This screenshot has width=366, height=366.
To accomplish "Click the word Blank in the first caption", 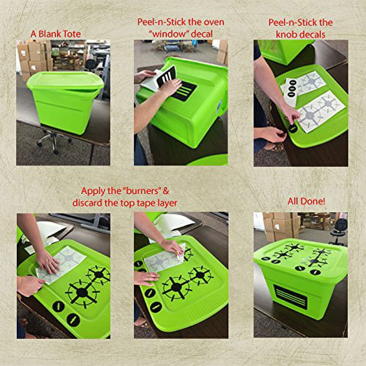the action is click(x=49, y=34).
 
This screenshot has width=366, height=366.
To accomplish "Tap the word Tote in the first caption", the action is click(x=71, y=34).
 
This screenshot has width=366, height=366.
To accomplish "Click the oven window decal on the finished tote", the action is click(x=291, y=296).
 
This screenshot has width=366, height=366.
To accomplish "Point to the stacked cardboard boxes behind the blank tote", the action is click(x=34, y=58).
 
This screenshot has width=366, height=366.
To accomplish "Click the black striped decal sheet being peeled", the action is click(x=166, y=76).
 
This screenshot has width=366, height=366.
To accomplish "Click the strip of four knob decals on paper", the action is click(x=292, y=89).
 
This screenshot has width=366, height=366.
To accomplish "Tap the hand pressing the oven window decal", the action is click(x=171, y=87).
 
